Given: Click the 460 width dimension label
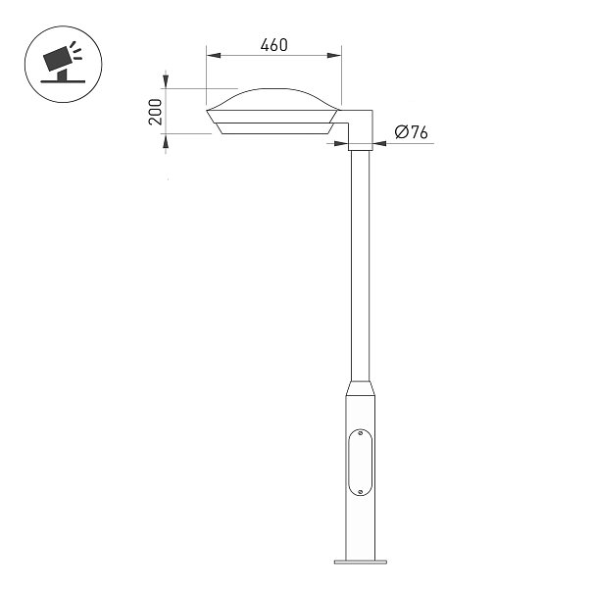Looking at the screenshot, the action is click(273, 45).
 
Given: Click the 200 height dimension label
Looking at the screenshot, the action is click(156, 112).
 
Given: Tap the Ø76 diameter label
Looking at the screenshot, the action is click(411, 132).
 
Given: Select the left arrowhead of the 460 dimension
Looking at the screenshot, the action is click(214, 56).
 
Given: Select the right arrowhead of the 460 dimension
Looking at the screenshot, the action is click(334, 56).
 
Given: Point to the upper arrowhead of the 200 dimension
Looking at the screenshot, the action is click(166, 81).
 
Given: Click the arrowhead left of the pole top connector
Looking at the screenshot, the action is click(341, 143).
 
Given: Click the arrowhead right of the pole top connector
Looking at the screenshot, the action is click(379, 143).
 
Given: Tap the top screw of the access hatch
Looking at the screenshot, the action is click(360, 432).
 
